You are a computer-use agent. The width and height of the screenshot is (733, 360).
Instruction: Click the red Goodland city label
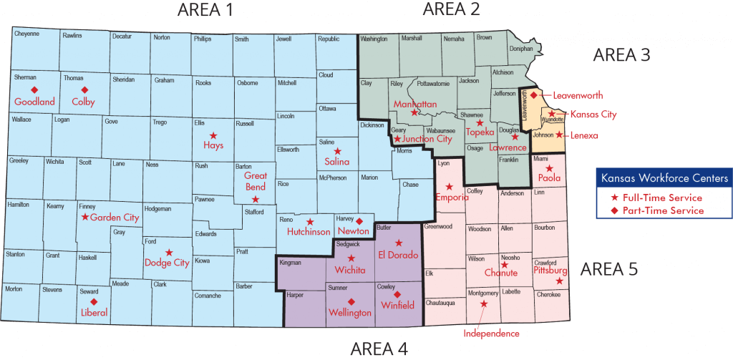point(34,102)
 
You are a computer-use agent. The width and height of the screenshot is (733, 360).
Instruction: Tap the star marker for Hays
point(213,135)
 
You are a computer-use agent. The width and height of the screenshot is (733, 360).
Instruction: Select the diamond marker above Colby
point(84,90)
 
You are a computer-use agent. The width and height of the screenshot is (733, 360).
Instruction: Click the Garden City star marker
point(85,217)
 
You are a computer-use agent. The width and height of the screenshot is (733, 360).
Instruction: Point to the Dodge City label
point(167,263)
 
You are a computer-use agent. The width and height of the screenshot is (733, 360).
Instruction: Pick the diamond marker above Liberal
point(94,301)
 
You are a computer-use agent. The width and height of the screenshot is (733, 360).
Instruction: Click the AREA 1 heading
point(205,9)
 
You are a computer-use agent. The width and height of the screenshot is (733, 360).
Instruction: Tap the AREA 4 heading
point(379,349)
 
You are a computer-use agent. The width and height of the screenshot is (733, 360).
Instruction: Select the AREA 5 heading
point(608,269)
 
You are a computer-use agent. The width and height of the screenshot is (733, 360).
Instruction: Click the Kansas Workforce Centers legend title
point(665,177)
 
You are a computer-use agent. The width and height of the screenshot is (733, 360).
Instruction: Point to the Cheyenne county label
point(26,34)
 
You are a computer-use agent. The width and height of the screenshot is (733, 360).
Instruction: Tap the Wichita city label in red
point(351,270)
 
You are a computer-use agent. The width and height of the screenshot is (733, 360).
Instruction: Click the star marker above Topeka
point(480,123)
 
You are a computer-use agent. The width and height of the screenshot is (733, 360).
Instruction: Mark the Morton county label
point(14,288)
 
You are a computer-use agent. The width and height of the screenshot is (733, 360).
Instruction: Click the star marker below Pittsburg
point(559,281)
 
